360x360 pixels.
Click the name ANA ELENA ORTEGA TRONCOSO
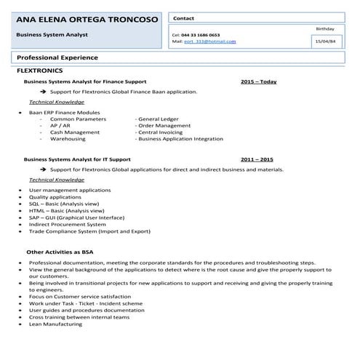[x=87, y=19]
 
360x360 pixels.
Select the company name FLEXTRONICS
[x=39, y=71]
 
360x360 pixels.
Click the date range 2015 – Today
[x=258, y=82]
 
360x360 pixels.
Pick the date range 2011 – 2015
[x=257, y=159]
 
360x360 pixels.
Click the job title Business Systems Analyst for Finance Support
[x=85, y=82]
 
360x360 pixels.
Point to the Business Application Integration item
[x=180, y=138]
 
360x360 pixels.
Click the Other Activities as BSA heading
[x=60, y=252]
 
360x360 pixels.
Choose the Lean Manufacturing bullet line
[x=55, y=324]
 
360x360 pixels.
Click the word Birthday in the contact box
[x=325, y=28]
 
